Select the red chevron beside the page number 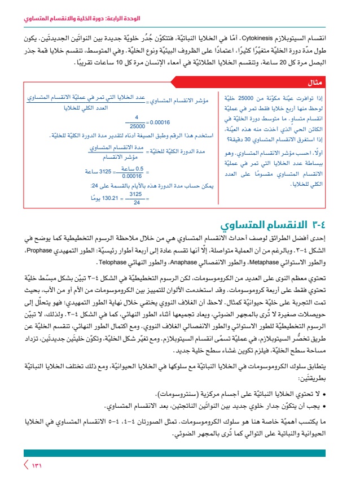click(25, 465)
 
